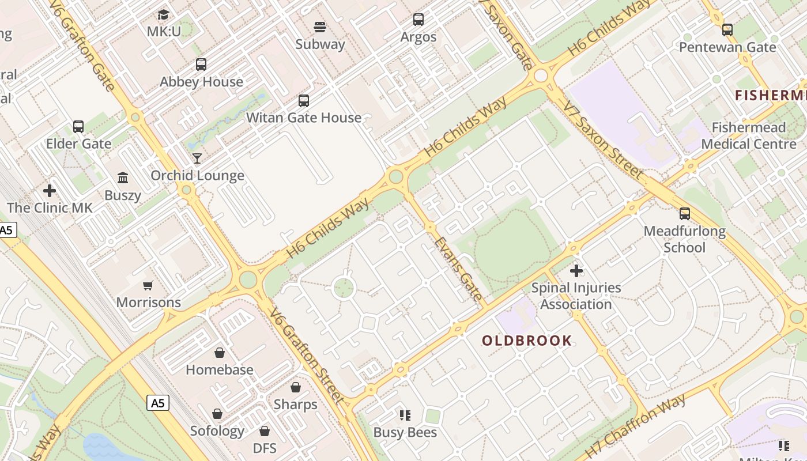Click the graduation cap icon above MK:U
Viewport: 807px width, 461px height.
click(x=164, y=14)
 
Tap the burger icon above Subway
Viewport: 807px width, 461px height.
click(x=320, y=27)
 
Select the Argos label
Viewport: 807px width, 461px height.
click(x=418, y=37)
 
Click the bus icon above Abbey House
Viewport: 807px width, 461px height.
click(x=201, y=65)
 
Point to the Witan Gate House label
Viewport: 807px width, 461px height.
click(x=304, y=118)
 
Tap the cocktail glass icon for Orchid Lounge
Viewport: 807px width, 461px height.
click(x=197, y=158)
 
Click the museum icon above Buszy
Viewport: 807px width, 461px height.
click(x=123, y=177)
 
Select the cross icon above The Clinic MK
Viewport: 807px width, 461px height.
click(x=50, y=190)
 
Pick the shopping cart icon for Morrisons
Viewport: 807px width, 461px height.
click(x=148, y=285)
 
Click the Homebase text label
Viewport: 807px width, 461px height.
click(x=219, y=370)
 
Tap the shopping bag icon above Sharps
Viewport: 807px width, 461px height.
click(x=296, y=387)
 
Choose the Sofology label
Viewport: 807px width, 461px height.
click(x=217, y=431)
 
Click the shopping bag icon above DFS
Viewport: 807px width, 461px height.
click(x=265, y=431)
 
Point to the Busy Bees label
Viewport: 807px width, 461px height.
click(x=405, y=433)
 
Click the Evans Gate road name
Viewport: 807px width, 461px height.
click(x=458, y=269)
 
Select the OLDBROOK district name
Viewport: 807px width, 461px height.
click(x=527, y=341)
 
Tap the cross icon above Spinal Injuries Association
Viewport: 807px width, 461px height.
click(x=576, y=270)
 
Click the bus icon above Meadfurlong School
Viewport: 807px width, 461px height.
click(x=684, y=214)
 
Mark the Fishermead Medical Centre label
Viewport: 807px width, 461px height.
click(x=749, y=135)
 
